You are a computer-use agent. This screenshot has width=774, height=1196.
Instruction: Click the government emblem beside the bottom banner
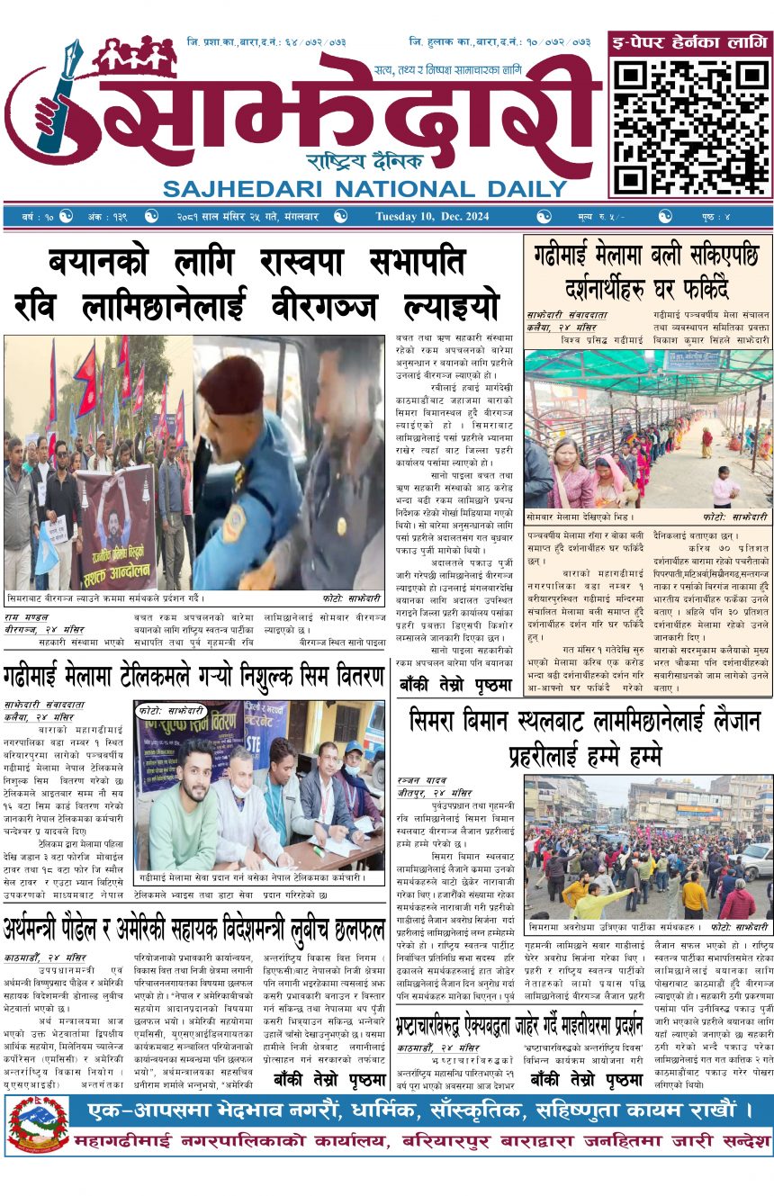(x=38, y=1125)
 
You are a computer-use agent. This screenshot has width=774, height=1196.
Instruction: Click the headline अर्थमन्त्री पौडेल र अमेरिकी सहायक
(x=193, y=927)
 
